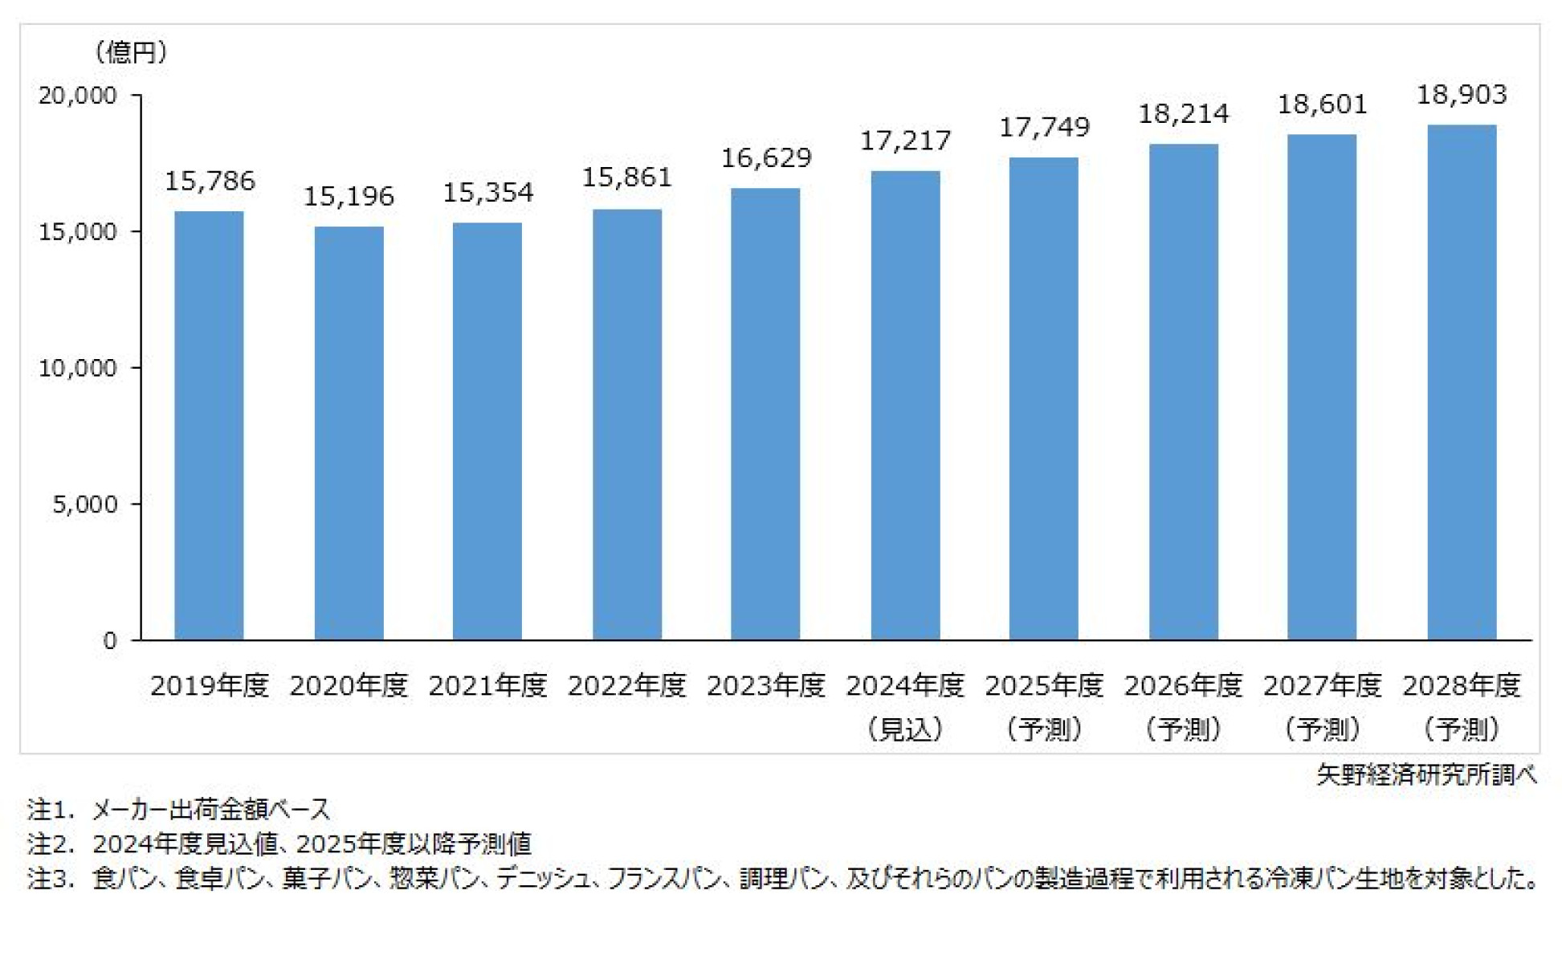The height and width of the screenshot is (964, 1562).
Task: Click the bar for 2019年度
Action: pos(209,426)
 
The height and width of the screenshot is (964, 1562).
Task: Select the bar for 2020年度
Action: pos(349,434)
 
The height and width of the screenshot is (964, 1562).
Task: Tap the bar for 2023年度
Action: pos(765,414)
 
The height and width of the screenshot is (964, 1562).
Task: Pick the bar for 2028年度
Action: pos(1462,382)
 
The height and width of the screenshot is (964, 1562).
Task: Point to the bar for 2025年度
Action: pos(1044,399)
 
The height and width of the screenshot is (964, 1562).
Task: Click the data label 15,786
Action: pos(210,182)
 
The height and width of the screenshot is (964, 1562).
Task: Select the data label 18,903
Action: pos(1462,95)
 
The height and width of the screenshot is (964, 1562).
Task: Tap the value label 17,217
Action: pos(905,141)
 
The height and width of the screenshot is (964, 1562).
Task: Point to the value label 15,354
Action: pos(487,193)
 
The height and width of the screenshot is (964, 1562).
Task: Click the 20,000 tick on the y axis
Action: pos(78,96)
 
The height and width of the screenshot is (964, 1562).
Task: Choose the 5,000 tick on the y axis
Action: pos(84,504)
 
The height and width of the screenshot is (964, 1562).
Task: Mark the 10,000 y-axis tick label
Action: pos(78,368)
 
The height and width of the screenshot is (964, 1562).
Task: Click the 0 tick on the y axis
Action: pos(109,641)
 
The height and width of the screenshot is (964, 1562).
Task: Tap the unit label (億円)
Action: pos(130,53)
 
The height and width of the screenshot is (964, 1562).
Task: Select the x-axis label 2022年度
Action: pos(626,686)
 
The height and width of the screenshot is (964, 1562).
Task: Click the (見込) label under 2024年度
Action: pos(905,729)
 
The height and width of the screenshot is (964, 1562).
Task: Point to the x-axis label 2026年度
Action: pos(1183,686)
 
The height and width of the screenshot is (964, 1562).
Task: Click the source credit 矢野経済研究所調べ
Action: pos(1426,774)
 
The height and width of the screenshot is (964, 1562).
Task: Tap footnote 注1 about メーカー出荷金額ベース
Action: pos(178,809)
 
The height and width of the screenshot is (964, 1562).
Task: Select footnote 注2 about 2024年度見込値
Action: pos(279,844)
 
